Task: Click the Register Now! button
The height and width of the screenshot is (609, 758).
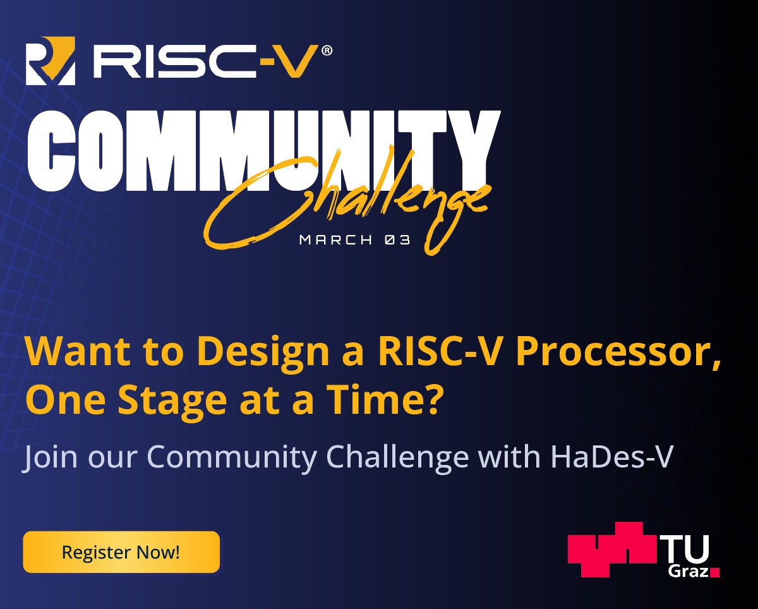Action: point(121,552)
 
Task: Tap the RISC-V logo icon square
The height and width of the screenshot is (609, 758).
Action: point(51,61)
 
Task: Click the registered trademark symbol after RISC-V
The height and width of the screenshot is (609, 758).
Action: point(326,51)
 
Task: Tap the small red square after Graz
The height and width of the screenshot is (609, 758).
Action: point(714,572)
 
